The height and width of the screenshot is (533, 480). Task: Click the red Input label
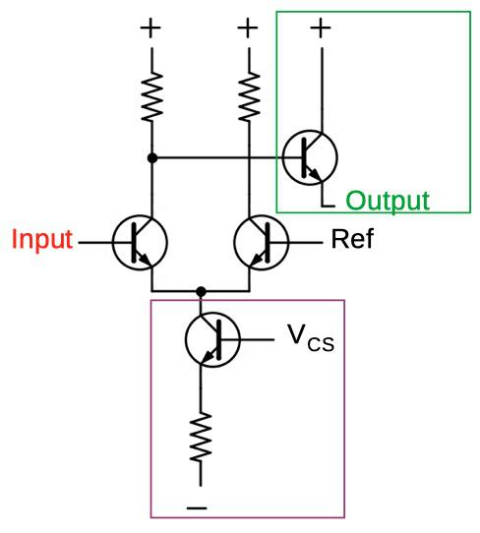[x=42, y=240]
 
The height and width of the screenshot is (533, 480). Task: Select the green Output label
[x=387, y=202]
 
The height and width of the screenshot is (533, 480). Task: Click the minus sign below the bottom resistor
[x=198, y=508]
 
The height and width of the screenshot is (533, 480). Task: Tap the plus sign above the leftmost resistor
[x=150, y=28]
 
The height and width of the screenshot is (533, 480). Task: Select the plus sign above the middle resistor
[x=248, y=28]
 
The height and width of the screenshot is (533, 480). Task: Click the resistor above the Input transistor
[x=150, y=96]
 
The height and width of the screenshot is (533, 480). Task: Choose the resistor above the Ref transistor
[x=248, y=96]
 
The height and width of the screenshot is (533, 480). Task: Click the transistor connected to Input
[x=139, y=241]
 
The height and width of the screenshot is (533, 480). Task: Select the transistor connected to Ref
[x=261, y=241]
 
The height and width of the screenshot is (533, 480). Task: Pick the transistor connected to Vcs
[x=211, y=340]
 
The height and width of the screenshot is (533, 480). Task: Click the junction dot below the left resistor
[x=150, y=156]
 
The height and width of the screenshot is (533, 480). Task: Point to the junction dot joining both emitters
[x=201, y=291]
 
